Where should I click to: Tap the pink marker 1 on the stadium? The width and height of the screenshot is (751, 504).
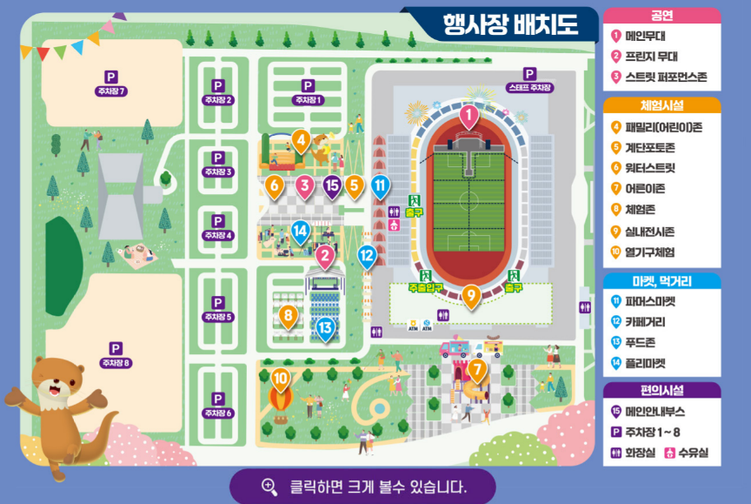469,115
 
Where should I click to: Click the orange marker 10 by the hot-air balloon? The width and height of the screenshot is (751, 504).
280,379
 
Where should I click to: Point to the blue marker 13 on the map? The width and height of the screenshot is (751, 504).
325,328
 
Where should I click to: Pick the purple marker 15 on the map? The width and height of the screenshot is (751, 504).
331,185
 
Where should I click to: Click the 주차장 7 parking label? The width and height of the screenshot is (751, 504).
111,91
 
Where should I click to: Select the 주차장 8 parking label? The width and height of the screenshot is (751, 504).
115,362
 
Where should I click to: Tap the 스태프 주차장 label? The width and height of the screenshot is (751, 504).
529,88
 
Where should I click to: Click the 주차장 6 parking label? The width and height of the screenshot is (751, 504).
217,413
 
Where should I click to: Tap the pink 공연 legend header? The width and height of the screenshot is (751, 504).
661,15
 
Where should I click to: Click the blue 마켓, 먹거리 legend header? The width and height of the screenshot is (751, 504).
661,281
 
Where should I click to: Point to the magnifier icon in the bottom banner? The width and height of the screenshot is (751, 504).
269,487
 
